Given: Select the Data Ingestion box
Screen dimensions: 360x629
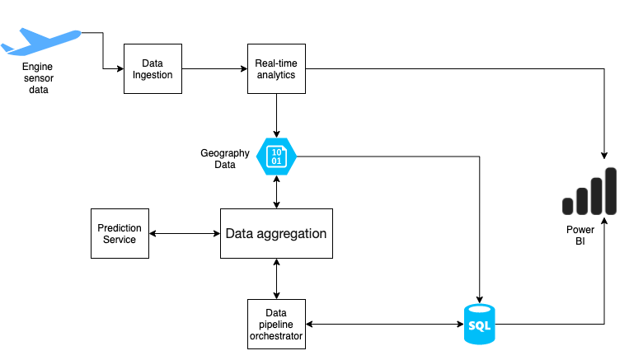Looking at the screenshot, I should pos(152,69).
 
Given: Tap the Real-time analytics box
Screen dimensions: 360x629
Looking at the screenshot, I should pos(275,69).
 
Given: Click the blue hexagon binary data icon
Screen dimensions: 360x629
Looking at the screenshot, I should pos(276,156).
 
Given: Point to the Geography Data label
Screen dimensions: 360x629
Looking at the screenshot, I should pos(224,159).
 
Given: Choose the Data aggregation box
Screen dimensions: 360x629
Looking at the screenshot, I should pos(276,234).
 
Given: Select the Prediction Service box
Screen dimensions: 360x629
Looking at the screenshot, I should pos(120,233).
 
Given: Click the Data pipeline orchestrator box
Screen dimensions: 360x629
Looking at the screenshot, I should pos(276,324).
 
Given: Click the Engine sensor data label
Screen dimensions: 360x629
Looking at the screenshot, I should pos(35,77).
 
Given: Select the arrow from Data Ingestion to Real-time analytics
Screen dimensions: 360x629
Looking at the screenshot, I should pos(214,69).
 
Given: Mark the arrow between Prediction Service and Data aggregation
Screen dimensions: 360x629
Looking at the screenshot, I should pos(185,234).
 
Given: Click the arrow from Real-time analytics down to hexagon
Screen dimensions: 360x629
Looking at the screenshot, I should pos(276,115).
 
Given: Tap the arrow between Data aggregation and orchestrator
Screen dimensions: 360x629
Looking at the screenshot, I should pos(276,278).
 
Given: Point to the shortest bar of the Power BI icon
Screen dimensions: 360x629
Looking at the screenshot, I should pos(568,206).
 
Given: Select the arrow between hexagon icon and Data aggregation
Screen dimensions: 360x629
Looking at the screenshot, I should pos(276,191).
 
